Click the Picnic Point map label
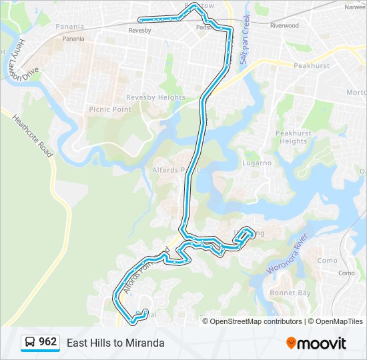[x=109, y=109]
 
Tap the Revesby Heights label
[x=155, y=97]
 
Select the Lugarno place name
[x=257, y=163]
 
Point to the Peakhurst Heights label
[x=294, y=137]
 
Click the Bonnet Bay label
[x=290, y=293]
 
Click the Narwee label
[x=355, y=7]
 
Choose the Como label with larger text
[x=327, y=261]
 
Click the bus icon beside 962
[x=30, y=343]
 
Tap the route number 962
[x=48, y=342]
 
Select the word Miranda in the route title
[x=145, y=343]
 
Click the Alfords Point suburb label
[x=176, y=170]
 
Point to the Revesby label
[x=139, y=31]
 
